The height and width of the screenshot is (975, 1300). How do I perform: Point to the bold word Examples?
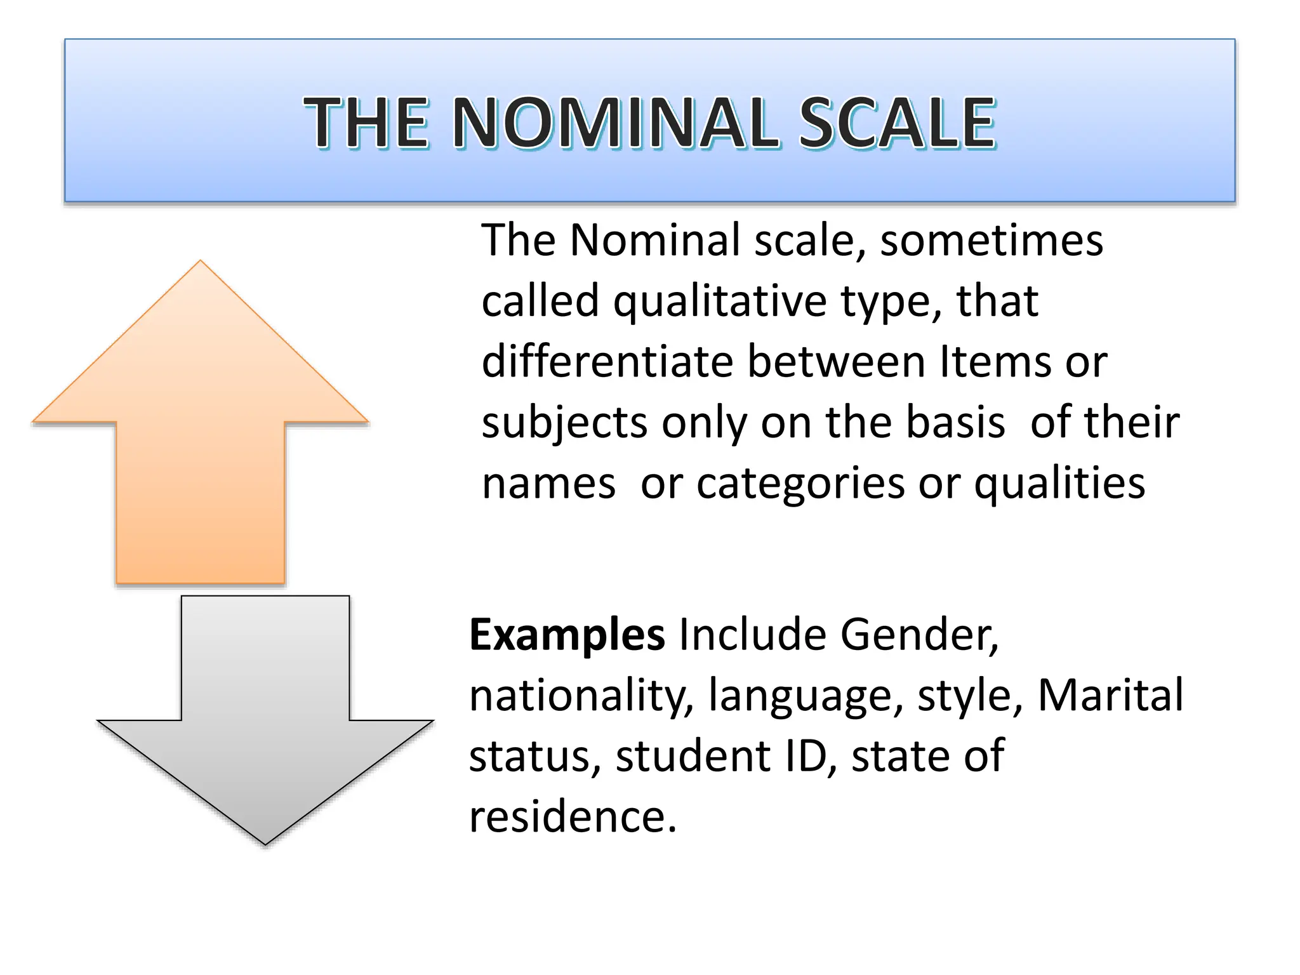(567, 635)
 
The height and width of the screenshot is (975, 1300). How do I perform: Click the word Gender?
(919, 635)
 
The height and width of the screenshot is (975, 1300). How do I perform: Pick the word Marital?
(1110, 694)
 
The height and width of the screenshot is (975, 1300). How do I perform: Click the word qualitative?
(720, 302)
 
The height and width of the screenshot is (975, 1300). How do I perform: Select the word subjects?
(565, 424)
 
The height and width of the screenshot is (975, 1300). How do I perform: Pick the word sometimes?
(992, 241)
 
